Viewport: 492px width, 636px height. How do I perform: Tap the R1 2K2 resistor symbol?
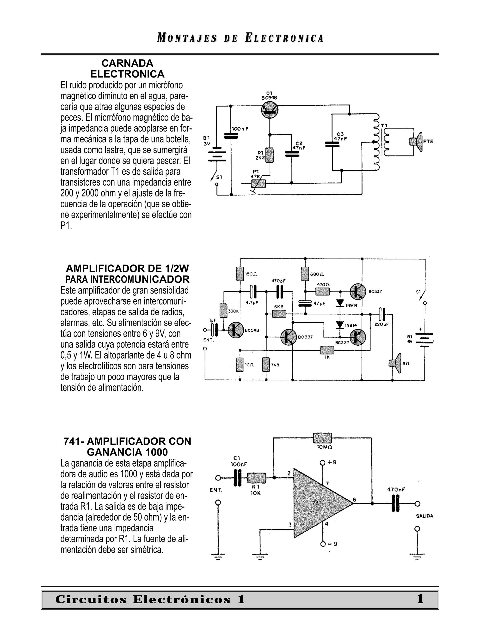coord(270,155)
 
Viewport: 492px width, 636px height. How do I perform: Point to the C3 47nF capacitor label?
coord(340,137)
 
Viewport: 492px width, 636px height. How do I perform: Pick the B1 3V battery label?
coord(207,141)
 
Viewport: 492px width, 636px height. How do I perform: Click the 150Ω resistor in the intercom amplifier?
coord(240,274)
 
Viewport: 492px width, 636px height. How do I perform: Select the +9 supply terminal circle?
coord(322,463)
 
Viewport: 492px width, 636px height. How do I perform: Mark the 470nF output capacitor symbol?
coord(395,504)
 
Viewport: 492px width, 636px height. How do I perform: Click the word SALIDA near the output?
coord(424,516)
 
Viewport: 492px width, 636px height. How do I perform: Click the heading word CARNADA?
coord(127,63)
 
